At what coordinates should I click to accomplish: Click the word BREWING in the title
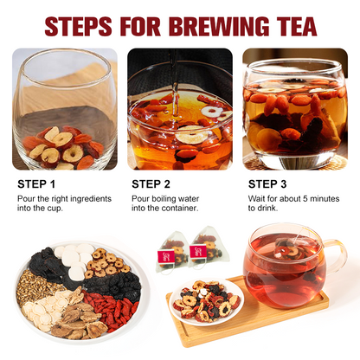tap(221, 26)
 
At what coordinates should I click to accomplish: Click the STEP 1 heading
tap(36, 184)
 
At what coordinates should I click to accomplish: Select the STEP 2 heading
tap(151, 184)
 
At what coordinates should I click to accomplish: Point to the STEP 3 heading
tap(267, 184)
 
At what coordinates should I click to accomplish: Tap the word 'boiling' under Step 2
tap(164, 199)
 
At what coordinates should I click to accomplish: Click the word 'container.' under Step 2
tap(180, 208)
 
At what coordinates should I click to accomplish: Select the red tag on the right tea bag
tap(198, 251)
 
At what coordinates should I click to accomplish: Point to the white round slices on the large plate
tap(74, 260)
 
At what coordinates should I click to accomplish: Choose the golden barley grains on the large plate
tap(35, 287)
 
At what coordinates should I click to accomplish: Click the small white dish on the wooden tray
tap(206, 302)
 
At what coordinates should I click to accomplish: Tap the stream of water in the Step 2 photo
tap(175, 87)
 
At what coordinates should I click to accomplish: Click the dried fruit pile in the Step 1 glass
tap(63, 148)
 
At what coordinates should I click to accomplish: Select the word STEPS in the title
tap(79, 26)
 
